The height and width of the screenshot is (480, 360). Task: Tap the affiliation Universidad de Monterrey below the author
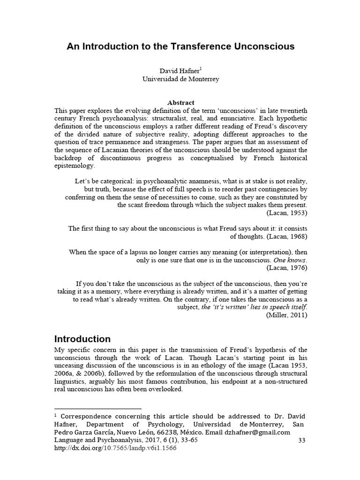(181, 79)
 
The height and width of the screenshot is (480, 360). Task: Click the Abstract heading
(180, 103)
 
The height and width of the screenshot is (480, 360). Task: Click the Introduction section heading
(82, 339)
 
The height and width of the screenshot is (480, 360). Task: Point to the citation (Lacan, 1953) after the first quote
(287, 213)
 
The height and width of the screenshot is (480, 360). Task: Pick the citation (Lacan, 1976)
(287, 268)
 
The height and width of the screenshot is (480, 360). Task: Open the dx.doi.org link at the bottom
(115, 448)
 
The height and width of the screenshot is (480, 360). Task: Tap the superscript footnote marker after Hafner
(201, 68)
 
